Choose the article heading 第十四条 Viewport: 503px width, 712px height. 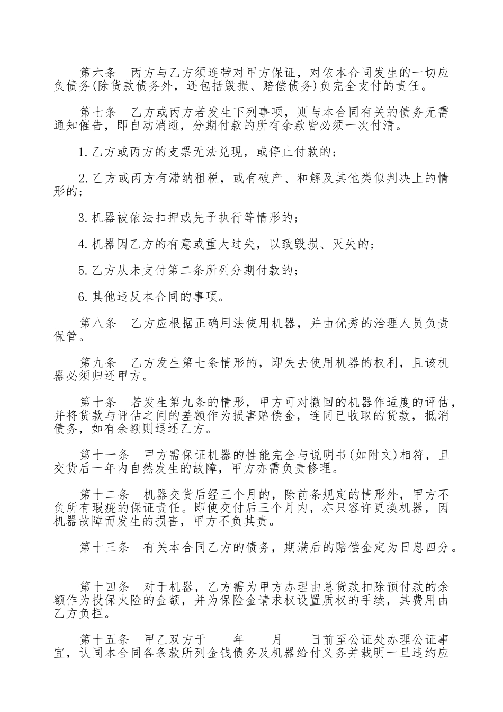104,587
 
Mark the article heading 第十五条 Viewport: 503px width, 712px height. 104,639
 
